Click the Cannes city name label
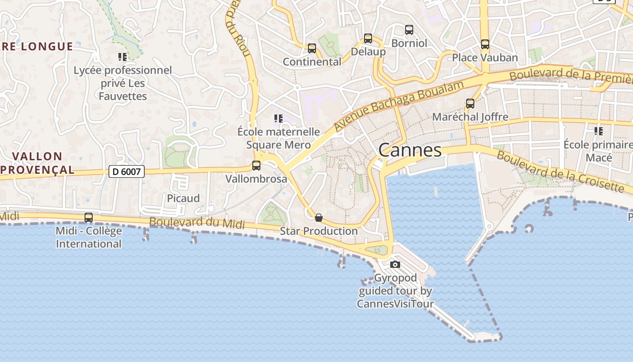tap(410, 150)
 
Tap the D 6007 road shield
tap(127, 171)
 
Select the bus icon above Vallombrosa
tap(256, 166)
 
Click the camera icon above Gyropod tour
tap(395, 264)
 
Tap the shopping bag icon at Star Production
tap(319, 218)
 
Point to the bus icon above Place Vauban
tap(485, 44)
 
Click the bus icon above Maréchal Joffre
tap(470, 104)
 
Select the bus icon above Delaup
tap(368, 38)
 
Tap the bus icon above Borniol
tap(409, 30)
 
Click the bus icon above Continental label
tap(312, 48)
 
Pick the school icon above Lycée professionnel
tap(123, 57)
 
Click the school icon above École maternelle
tap(279, 119)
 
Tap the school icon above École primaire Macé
tap(599, 131)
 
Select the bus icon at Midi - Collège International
tap(89, 218)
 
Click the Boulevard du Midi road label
tap(197, 223)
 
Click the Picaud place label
tap(183, 198)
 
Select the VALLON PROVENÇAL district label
tap(37, 163)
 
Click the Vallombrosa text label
tap(256, 179)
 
